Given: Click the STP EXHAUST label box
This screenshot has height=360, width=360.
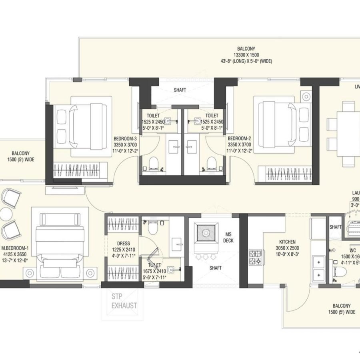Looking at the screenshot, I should pyautogui.click(x=124, y=301).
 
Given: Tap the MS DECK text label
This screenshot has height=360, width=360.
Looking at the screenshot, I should pyautogui.click(x=228, y=237).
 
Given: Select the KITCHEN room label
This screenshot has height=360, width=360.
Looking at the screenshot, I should pyautogui.click(x=287, y=242).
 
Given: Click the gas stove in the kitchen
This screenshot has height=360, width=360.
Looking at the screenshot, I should pyautogui.click(x=256, y=257).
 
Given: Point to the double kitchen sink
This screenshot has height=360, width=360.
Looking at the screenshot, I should pyautogui.click(x=319, y=268).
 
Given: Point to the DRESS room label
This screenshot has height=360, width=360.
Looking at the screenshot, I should pyautogui.click(x=123, y=243).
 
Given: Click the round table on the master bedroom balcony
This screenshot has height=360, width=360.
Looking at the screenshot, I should pyautogui.click(x=6, y=214).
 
